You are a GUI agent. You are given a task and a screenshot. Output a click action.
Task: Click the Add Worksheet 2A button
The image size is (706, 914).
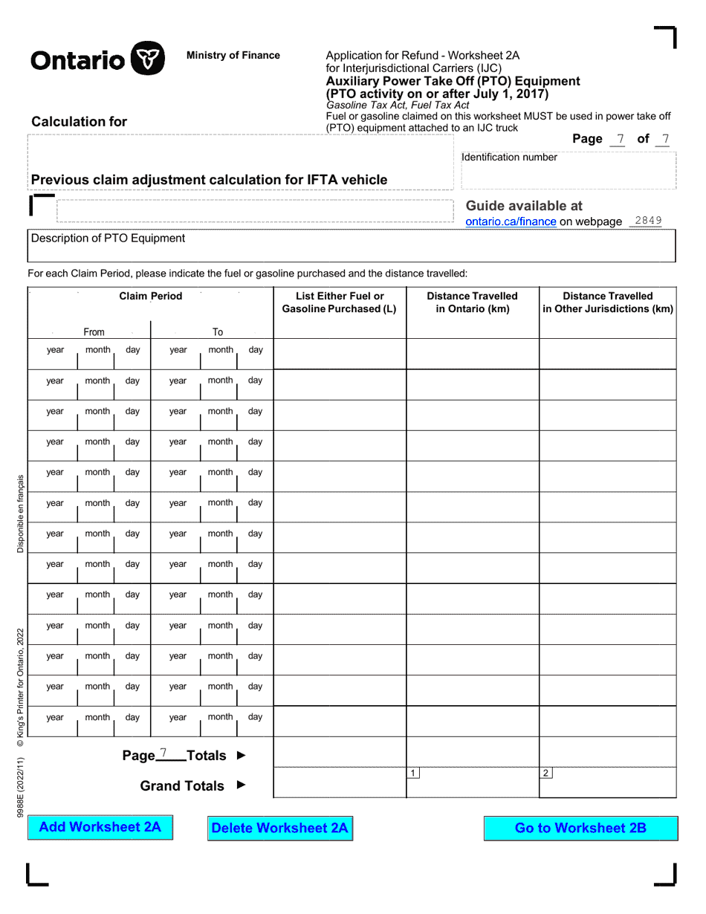[100, 827]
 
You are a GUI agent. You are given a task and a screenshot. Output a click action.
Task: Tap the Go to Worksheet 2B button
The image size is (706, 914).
[580, 828]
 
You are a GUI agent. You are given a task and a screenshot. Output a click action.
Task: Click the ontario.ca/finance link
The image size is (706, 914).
[511, 221]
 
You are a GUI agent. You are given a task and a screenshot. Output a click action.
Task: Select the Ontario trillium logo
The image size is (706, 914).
[147, 58]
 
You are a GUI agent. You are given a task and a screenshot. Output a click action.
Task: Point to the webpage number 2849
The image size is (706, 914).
[648, 221]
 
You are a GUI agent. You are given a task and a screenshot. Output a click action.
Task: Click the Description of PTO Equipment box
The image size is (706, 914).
[352, 246]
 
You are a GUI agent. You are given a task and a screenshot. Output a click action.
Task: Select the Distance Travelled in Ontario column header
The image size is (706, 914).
[473, 302]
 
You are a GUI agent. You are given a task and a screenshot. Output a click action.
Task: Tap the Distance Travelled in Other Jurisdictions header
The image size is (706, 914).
[608, 302]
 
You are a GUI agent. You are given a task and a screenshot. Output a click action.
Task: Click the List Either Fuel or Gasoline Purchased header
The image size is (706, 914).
[340, 302]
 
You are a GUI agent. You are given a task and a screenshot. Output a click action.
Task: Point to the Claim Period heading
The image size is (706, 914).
[150, 296]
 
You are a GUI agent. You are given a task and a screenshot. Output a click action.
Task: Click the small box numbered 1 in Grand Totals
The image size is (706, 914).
[413, 774]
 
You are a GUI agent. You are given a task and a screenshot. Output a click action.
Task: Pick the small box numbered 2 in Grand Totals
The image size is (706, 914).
[546, 774]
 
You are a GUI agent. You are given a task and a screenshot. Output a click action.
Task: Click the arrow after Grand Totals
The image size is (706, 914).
[241, 785]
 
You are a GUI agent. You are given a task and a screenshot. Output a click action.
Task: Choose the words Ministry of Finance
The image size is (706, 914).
[233, 55]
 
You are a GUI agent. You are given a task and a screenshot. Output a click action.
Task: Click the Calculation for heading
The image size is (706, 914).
[80, 122]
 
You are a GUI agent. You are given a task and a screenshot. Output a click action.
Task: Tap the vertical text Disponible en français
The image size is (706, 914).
[21, 513]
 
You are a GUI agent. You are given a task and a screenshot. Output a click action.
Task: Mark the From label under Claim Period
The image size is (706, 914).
[94, 332]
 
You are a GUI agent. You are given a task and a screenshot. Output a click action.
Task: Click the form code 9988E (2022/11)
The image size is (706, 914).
[21, 788]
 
